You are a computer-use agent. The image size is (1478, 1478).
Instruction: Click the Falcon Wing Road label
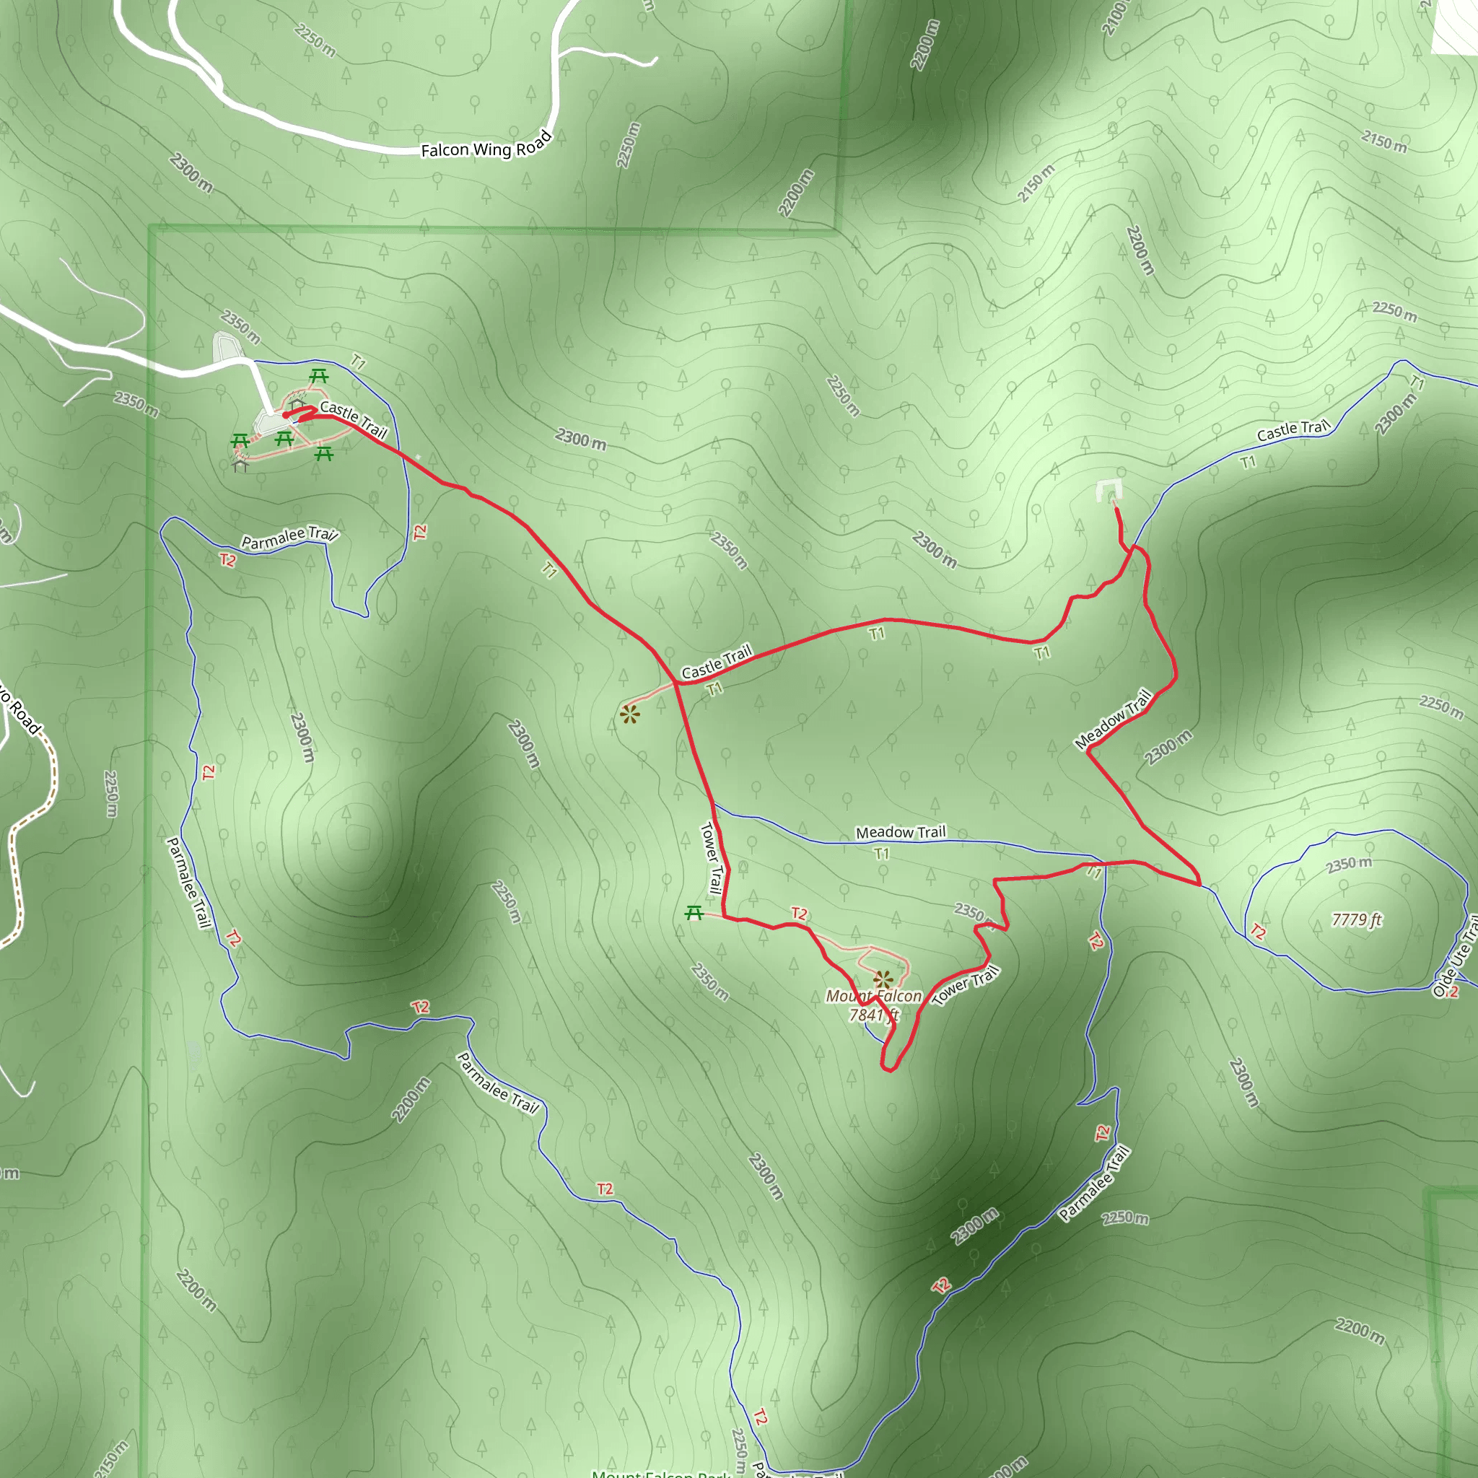click(486, 146)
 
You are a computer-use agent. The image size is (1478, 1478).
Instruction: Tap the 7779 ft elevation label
click(1356, 919)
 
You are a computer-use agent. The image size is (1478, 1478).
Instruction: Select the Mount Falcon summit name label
click(874, 996)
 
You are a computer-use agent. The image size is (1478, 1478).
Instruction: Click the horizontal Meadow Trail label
click(901, 832)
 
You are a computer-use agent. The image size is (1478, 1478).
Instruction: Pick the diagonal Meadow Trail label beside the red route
click(1113, 719)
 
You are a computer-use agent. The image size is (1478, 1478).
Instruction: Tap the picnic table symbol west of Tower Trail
click(694, 912)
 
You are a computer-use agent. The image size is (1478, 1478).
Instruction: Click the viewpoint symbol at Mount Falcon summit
click(883, 979)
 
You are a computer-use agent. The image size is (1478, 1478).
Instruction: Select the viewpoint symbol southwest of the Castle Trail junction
click(629, 715)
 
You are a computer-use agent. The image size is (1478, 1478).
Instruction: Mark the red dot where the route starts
click(285, 415)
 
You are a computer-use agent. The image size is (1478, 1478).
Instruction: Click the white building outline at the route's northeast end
click(1108, 489)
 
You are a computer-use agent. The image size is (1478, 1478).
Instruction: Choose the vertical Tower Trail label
click(712, 857)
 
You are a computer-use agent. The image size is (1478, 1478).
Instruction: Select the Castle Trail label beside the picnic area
click(354, 419)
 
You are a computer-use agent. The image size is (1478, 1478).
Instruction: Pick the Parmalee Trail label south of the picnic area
click(289, 537)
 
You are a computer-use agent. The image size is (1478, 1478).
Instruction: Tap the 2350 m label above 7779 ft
click(1349, 865)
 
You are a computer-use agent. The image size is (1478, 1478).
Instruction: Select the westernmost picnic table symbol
click(240, 442)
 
